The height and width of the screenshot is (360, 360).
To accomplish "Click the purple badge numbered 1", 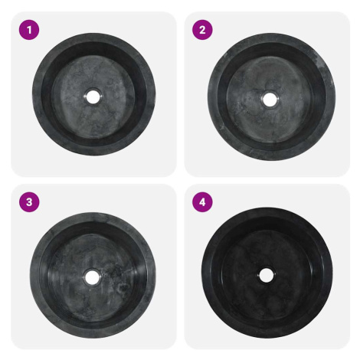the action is (x=29, y=30).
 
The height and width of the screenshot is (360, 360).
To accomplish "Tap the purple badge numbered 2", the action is (x=202, y=30).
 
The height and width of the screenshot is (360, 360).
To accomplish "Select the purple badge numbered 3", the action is (x=29, y=202).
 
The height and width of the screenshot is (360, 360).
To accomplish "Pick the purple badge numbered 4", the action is (x=202, y=202).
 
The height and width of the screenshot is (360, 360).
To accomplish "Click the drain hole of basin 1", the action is (x=93, y=97).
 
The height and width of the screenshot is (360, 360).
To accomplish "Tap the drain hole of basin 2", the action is (x=269, y=100).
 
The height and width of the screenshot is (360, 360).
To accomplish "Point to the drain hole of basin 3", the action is (x=92, y=277).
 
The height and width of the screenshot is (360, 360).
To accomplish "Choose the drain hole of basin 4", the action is (x=266, y=275).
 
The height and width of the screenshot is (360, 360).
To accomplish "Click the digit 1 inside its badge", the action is (x=29, y=30).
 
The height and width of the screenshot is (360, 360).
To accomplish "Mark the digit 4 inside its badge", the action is (x=202, y=202).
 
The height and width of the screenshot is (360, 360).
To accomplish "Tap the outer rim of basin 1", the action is (x=37, y=94).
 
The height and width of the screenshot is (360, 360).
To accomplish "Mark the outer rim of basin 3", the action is (x=35, y=276).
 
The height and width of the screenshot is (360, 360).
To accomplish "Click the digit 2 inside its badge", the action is (x=202, y=30).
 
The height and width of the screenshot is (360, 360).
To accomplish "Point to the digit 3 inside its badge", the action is (x=29, y=202).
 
